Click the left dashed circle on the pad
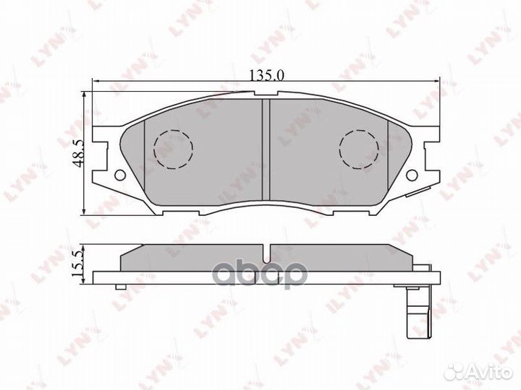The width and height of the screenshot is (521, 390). pos(174,148)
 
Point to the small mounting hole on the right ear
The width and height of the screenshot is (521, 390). pos(412,175)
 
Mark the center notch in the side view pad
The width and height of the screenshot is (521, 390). pos(266,255)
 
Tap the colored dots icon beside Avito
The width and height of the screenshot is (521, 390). pos(456,370)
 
